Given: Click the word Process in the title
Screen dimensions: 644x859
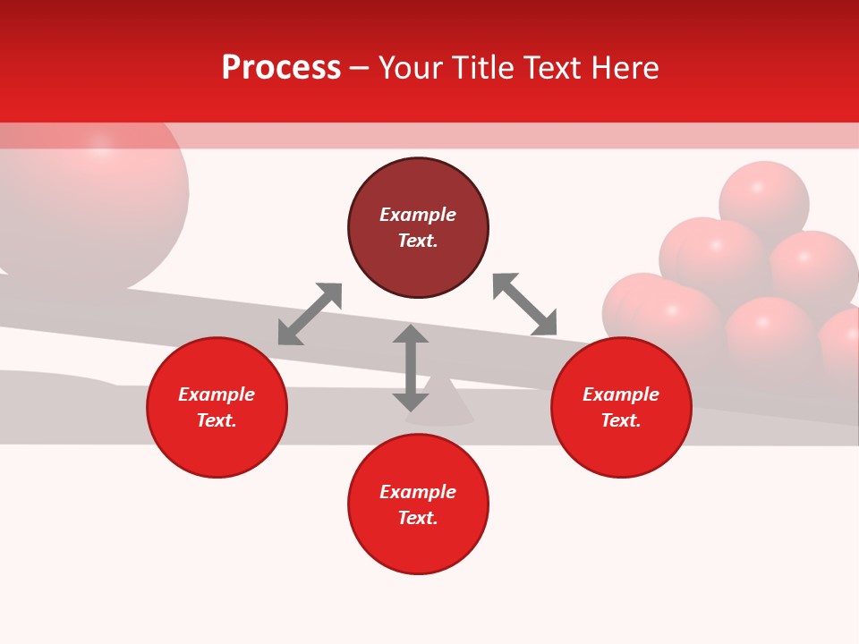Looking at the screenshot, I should click(x=281, y=68).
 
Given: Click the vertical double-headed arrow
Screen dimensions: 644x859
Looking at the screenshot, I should click(x=411, y=368).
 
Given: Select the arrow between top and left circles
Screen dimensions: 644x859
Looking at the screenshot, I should click(x=310, y=314).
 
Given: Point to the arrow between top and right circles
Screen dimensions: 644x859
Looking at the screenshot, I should click(x=525, y=304).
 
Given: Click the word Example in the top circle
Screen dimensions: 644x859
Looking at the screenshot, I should click(x=418, y=215).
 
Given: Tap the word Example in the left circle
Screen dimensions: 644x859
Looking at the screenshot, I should click(x=217, y=394).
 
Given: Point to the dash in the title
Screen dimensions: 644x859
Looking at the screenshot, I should click(x=360, y=69).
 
